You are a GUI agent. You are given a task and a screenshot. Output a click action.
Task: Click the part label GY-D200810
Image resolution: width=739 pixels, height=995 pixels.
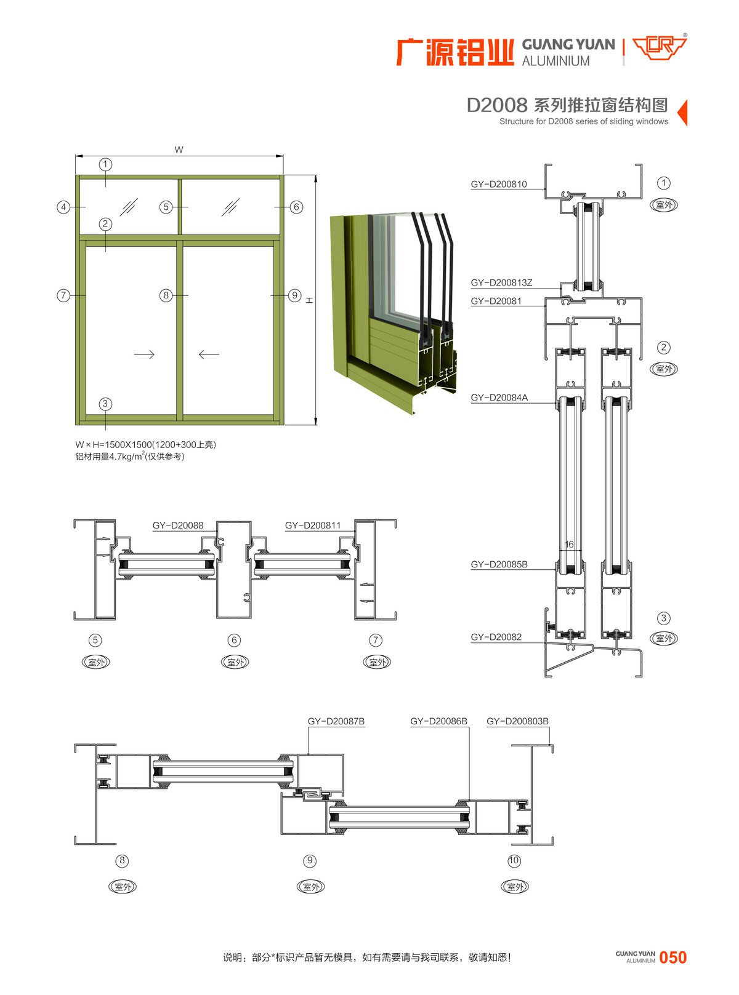[499, 184]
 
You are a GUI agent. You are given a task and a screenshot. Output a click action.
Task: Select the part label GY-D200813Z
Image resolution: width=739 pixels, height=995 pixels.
[501, 282]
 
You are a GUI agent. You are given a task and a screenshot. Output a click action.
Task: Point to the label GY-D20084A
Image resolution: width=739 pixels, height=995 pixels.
[499, 398]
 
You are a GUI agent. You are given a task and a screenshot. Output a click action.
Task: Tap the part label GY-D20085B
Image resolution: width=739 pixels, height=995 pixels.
[499, 564]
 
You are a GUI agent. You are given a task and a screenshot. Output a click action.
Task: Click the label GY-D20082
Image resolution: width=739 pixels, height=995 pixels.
[496, 637]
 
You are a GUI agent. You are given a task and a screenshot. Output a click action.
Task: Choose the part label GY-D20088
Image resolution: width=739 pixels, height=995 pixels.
[177, 525]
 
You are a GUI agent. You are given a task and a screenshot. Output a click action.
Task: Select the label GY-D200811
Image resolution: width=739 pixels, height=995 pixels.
[312, 525]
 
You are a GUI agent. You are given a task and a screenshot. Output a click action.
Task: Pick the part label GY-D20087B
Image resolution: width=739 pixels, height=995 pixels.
[336, 721]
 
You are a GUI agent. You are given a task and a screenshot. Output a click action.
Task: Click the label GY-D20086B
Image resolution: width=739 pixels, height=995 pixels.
[438, 721]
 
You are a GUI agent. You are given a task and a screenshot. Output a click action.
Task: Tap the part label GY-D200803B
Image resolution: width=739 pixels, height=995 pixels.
[517, 721]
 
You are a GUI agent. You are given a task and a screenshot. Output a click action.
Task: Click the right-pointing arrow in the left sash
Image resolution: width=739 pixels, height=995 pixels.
[144, 354]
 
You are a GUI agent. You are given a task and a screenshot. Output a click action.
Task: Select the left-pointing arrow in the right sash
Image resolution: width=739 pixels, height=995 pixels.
[209, 354]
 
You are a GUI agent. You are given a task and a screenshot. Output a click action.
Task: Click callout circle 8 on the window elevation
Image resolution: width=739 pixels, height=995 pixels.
[166, 295]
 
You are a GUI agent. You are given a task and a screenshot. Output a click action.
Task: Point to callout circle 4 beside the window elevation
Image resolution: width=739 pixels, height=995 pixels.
[63, 207]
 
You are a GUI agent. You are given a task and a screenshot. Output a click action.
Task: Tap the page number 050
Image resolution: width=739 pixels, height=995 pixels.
[672, 957]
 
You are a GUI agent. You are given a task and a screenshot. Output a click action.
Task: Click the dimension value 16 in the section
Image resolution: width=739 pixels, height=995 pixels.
[569, 545]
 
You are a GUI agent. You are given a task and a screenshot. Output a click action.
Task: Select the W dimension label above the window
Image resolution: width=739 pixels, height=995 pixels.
[179, 150]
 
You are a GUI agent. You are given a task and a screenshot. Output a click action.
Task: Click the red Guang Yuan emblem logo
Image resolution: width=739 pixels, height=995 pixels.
[660, 47]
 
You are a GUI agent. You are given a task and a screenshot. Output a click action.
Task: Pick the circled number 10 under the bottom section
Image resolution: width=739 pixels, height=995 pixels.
[514, 860]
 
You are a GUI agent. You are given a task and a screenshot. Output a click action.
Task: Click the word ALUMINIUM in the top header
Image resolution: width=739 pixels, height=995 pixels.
[555, 61]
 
